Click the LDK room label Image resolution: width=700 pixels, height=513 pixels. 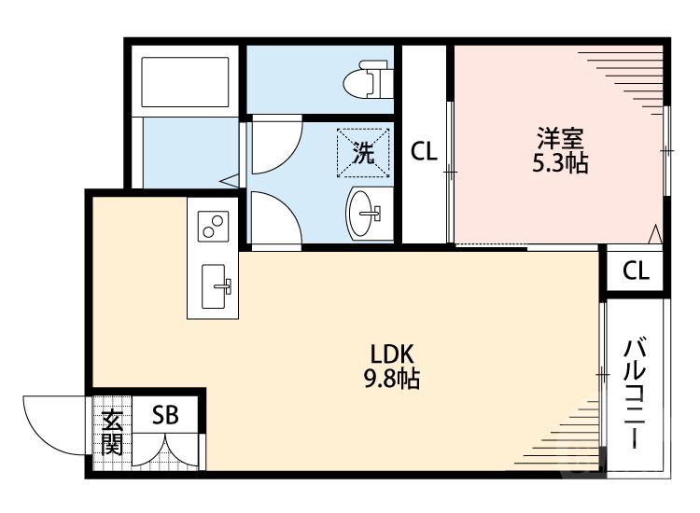point(392,355)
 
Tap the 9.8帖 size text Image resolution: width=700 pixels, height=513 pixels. point(392,379)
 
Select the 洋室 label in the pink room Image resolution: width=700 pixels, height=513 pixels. point(560,139)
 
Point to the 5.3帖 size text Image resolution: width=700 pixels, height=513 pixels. point(560,163)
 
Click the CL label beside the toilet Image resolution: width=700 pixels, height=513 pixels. point(425,151)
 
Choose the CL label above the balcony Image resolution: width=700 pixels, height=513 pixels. point(636,270)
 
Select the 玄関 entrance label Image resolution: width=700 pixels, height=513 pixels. point(112,433)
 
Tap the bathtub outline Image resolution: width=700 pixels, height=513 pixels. point(184,83)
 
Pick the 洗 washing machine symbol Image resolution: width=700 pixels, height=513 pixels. point(361,152)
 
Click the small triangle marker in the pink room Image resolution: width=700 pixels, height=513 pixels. point(656,233)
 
